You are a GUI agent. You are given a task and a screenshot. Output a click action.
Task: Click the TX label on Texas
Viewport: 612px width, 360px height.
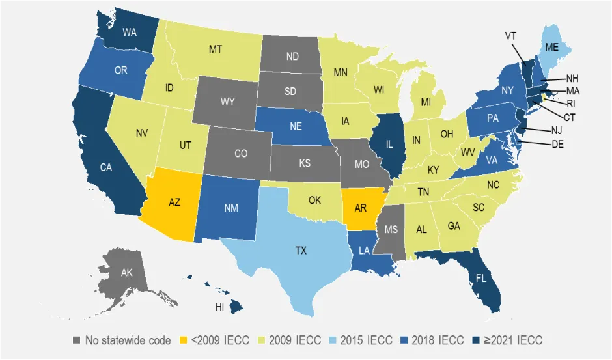[301, 250]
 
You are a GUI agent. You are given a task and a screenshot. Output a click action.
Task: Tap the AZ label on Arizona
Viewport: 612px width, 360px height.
[174, 202]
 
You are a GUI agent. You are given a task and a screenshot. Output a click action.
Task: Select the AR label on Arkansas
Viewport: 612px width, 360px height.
[360, 209]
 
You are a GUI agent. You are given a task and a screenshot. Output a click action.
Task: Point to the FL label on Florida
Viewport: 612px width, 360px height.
[480, 277]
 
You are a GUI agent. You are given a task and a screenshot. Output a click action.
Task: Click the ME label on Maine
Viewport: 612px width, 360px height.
[552, 48]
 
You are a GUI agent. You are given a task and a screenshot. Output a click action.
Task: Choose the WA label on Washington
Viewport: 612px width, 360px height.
[130, 32]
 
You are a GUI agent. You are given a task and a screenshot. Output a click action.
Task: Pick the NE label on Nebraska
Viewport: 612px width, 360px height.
[296, 126]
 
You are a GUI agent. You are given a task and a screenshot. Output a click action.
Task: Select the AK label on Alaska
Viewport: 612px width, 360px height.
[126, 273]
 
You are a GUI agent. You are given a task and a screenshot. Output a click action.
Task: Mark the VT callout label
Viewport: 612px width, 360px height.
[511, 36]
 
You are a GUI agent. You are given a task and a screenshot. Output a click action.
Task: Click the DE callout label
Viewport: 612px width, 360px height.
[557, 144]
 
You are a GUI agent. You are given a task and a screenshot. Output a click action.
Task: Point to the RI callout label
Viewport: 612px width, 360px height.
[571, 104]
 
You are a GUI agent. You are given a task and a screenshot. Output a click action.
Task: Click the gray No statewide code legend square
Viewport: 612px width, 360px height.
[77, 340]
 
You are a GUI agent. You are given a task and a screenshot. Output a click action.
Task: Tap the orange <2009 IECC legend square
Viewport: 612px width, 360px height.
[182, 340]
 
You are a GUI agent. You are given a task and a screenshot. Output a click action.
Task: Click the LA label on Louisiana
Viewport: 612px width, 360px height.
[364, 251]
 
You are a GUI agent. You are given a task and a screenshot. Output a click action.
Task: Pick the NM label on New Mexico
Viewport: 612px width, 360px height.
[231, 208]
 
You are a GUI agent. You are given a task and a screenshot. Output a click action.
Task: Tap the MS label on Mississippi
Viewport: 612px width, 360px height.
[390, 230]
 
